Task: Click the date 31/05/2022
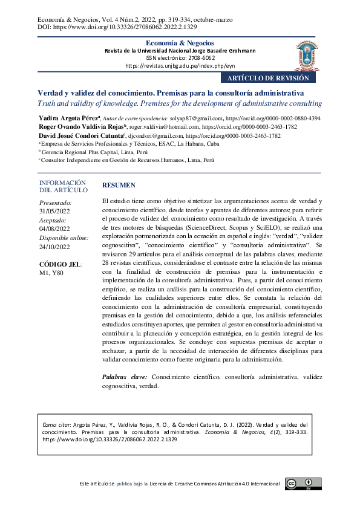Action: [54, 211]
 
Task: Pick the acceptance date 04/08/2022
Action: [54, 229]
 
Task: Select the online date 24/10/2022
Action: [54, 246]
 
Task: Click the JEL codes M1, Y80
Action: [51, 273]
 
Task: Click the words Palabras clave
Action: [125, 377]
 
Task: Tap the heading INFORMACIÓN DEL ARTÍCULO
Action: [62, 186]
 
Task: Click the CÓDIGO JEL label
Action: [61, 264]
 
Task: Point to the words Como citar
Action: [55, 425]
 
